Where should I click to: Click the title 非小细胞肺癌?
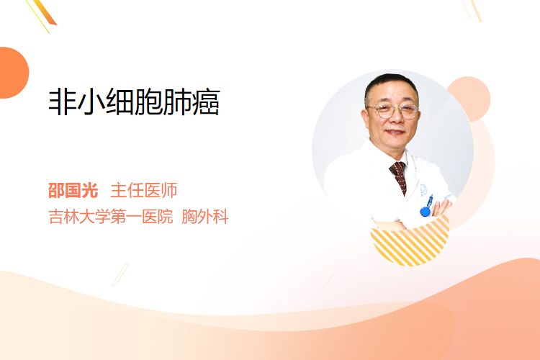point(135,102)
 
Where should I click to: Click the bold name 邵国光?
point(73,190)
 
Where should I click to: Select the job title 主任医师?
point(143,190)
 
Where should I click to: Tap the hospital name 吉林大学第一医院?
point(111,217)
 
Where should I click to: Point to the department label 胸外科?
point(205,217)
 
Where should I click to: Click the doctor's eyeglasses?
point(393,111)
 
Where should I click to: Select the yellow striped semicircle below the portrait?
point(410,243)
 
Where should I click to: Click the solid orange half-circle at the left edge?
point(13,73)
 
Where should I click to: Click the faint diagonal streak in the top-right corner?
point(472,10)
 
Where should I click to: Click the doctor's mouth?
point(395,132)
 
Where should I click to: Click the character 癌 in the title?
point(206,102)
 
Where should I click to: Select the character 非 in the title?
point(63,102)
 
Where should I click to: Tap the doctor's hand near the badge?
point(442,208)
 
